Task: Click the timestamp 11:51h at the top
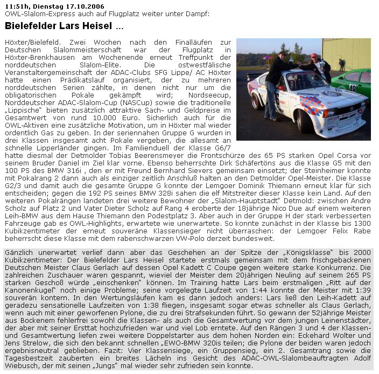coord(16,5)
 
